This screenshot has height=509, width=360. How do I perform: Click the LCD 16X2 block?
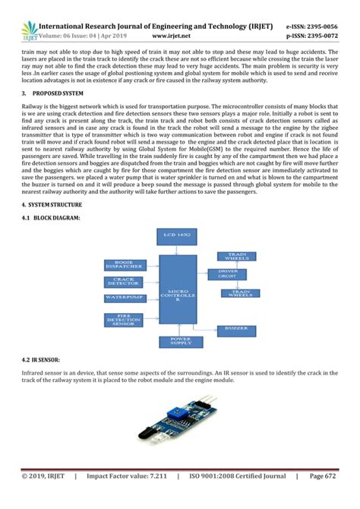tap(179, 236)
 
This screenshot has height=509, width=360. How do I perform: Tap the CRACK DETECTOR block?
tap(123, 282)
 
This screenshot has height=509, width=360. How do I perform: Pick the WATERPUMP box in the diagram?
tap(122, 297)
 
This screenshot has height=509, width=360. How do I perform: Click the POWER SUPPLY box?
tap(179, 341)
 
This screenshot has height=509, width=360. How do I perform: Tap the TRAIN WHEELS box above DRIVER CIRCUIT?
tap(235, 257)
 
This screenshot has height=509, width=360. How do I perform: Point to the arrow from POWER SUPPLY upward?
tap(179, 332)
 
